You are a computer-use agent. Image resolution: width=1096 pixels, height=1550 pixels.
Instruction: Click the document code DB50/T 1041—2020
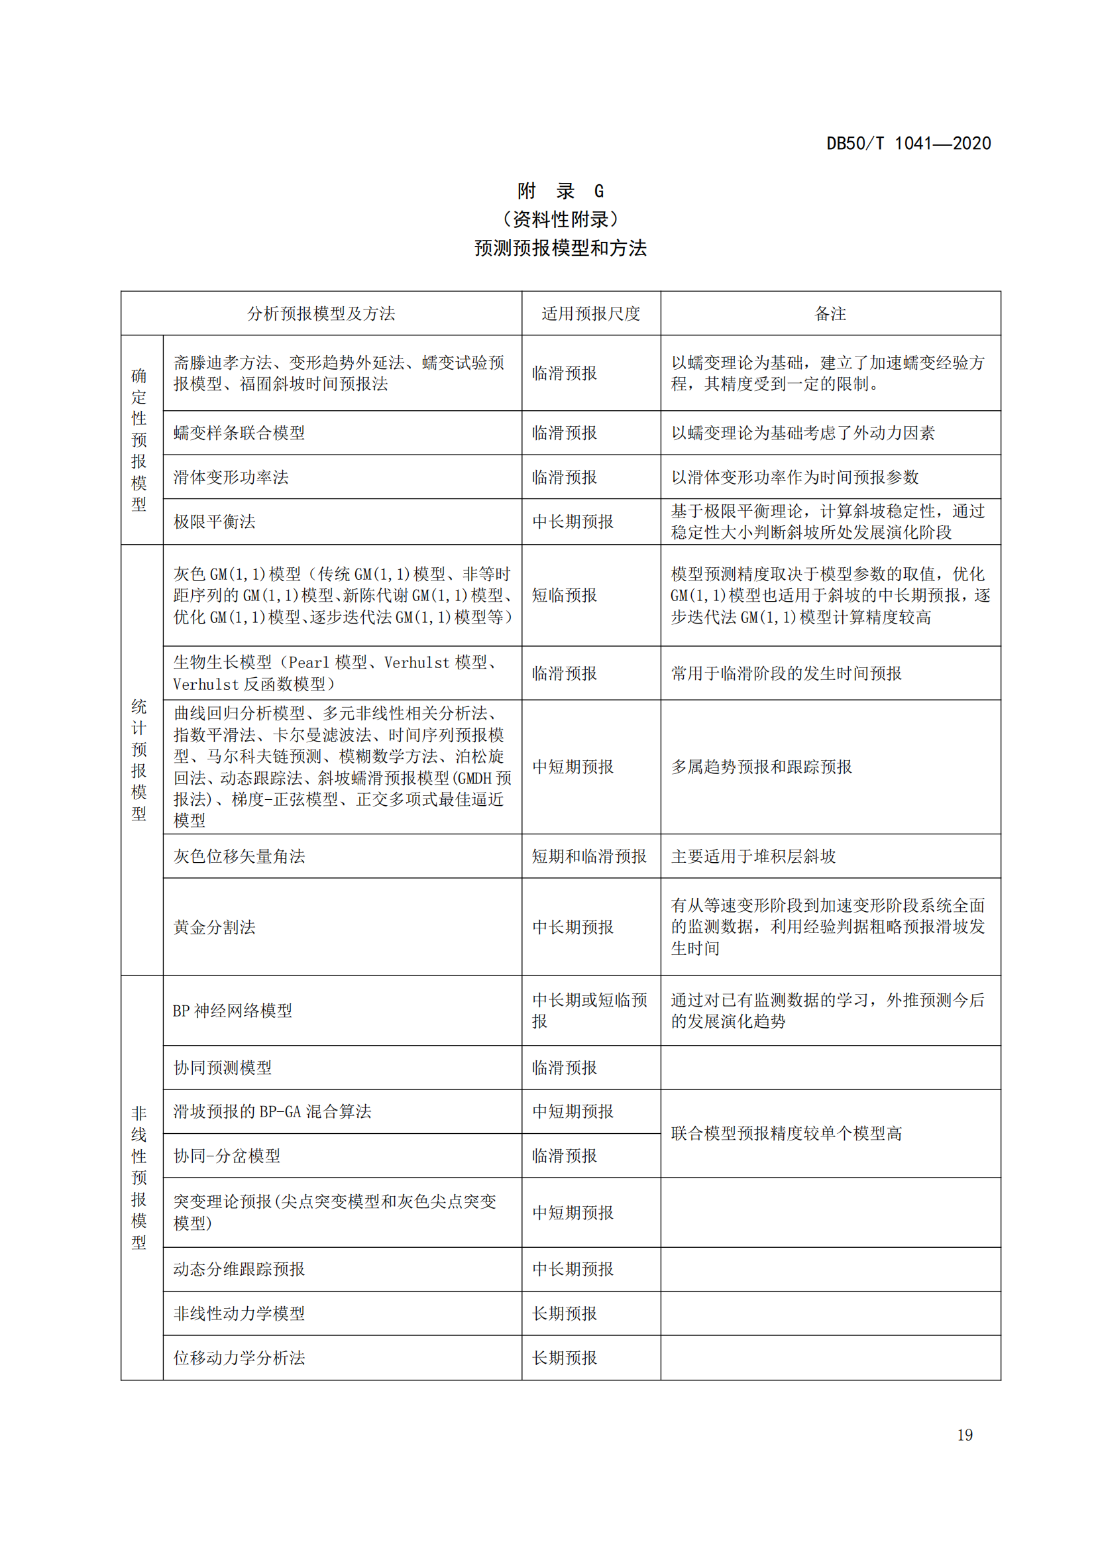pos(908,143)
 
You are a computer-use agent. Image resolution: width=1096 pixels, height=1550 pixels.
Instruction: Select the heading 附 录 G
pos(560,191)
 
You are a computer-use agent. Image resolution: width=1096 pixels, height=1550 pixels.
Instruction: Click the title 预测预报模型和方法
pos(560,249)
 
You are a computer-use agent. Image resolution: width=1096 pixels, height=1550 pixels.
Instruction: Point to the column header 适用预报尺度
pos(590,313)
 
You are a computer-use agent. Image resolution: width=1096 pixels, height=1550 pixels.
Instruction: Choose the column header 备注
pos(830,313)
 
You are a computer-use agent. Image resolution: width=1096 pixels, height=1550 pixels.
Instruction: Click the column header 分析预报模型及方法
pos(321,313)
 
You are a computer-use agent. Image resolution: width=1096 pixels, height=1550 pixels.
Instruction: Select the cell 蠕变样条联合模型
pos(240,433)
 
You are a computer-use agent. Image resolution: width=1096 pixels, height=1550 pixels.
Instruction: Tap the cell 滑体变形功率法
pos(231,477)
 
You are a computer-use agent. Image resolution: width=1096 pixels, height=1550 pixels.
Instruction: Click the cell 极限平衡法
pos(215,521)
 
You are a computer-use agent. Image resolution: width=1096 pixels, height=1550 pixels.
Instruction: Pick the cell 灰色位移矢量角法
pos(240,856)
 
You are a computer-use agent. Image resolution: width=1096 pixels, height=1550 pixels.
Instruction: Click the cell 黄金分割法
pos(215,927)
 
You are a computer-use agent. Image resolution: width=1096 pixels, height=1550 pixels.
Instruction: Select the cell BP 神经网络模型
pos(233,1011)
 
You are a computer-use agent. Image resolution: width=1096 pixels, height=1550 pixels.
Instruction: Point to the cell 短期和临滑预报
pos(589,856)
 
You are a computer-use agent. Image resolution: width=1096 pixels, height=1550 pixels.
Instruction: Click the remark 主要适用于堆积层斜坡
pos(753,856)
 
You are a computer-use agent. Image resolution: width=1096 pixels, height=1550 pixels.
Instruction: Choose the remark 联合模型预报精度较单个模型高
pos(787,1133)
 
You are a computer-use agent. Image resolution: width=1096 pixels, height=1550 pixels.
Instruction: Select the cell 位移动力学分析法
pos(240,1358)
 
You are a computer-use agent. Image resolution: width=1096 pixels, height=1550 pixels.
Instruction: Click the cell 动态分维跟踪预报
pos(240,1269)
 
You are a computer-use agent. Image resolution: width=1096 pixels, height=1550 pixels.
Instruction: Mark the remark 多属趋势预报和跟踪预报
pos(761,767)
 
